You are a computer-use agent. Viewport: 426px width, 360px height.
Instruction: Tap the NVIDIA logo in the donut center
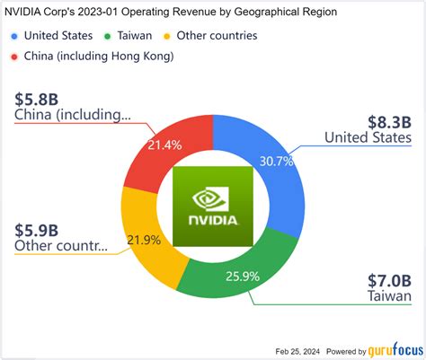(213, 205)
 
